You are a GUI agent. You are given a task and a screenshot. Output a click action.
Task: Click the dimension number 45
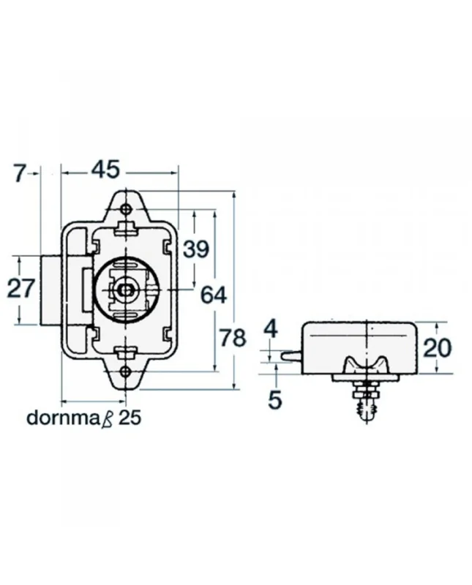(105, 170)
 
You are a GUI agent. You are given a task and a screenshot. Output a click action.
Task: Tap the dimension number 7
(20, 173)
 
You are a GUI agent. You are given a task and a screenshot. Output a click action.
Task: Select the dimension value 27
(20, 288)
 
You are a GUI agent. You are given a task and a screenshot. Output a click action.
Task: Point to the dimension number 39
(195, 249)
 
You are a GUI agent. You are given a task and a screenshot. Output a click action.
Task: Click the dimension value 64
(214, 295)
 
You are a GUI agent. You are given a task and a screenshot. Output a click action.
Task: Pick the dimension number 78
(232, 338)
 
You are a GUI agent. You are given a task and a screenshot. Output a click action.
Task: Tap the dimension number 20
(438, 348)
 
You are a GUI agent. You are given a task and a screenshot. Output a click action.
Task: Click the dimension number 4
(271, 329)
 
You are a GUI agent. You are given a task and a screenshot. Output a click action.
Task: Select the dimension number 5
(275, 399)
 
